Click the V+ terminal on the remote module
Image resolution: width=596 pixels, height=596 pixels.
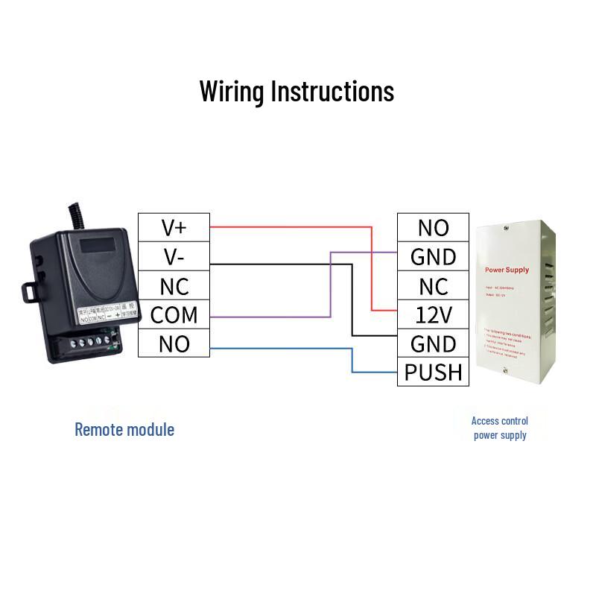coord(174,227)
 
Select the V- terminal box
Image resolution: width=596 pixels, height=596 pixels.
coord(174,256)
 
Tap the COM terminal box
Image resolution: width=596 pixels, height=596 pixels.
coord(174,314)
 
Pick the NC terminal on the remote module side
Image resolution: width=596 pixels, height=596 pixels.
coord(174,285)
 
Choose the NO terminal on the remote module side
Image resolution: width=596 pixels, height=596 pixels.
coord(174,343)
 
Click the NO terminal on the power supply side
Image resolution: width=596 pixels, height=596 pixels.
coord(433,227)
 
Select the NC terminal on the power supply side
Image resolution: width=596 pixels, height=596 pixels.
coord(433,285)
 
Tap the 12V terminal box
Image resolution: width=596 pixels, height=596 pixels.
coord(433,314)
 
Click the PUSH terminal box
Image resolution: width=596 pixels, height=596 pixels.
coord(433,372)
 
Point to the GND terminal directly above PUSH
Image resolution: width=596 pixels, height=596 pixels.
coord(433,343)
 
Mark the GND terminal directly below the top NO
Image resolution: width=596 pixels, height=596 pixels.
coord(433,256)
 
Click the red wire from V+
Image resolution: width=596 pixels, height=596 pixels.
coord(291,226)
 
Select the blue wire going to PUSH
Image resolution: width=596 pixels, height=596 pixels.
coord(283,348)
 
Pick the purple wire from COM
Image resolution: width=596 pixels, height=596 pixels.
coord(268,317)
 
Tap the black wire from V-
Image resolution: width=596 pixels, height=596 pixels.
coord(283,264)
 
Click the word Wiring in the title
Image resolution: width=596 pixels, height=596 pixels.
coord(232,91)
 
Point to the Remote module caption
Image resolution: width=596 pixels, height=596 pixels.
coord(124,429)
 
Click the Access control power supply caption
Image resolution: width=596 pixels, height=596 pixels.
coord(500,428)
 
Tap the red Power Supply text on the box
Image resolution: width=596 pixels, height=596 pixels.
coord(506,269)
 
